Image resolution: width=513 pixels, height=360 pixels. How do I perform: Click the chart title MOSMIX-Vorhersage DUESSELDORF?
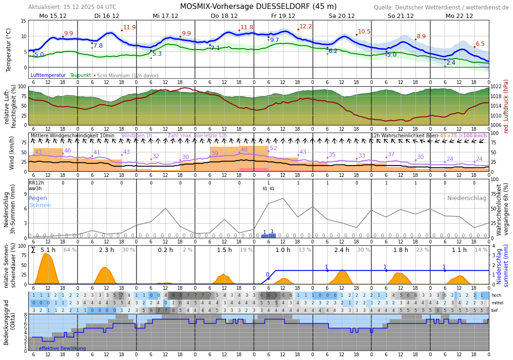pos(258,7)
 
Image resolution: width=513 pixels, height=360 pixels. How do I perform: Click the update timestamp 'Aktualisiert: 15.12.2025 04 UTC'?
pos(72,7)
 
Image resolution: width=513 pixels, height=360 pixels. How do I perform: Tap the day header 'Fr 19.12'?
pos(283,16)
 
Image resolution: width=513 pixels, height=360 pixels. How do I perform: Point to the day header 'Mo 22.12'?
pos(459,16)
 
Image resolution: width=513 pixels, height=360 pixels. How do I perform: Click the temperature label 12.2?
pos(306,27)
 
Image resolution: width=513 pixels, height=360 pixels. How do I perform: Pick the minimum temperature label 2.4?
pos(451,63)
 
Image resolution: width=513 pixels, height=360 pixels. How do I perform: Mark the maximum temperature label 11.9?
pos(129,28)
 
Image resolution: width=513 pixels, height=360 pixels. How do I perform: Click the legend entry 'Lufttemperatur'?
pos(48,75)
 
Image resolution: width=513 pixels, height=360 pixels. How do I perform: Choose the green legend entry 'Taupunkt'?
pos(80,75)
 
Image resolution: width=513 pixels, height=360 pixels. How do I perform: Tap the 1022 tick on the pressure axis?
pos(496,87)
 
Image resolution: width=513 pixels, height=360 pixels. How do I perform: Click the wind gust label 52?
pos(273,148)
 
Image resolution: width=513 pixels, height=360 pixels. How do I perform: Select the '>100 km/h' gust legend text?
pos(473,136)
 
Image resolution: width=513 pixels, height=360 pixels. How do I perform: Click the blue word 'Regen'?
pos(38,198)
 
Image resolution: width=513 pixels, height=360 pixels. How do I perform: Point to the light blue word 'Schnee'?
pos(40,205)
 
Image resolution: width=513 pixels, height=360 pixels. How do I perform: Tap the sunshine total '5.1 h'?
pos(48,250)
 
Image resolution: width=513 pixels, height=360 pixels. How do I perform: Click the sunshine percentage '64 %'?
pos(70,250)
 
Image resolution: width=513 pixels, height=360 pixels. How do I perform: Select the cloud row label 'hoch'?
pos(496,295)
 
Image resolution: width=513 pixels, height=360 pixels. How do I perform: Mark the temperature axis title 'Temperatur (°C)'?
pos(8,50)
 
